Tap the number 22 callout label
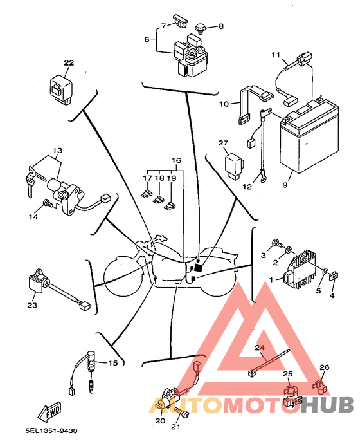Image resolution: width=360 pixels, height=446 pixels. click(69, 63)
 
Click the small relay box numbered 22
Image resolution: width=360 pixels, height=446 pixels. click(61, 89)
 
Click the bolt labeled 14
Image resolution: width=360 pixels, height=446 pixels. click(47, 204)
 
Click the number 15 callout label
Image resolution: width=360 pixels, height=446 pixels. click(113, 364)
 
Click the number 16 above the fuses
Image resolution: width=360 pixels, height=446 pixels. click(176, 160)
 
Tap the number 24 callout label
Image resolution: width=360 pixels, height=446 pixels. click(260, 349)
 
